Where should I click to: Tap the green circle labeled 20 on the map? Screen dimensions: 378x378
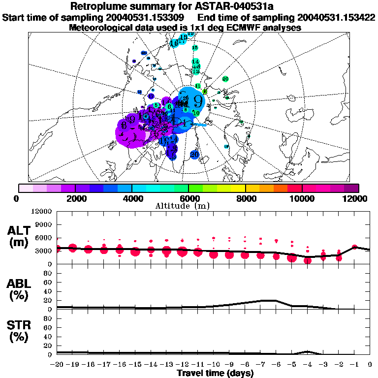[x=225, y=79]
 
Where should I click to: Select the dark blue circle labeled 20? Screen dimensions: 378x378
[x=194, y=155]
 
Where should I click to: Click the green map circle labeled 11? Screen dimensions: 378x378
[x=198, y=86]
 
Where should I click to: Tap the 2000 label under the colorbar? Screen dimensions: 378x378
[x=74, y=198]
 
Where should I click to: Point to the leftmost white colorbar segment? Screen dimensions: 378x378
[x=26, y=188]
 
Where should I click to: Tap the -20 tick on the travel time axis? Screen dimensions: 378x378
[x=58, y=365]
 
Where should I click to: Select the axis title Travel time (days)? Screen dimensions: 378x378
[x=215, y=374]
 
